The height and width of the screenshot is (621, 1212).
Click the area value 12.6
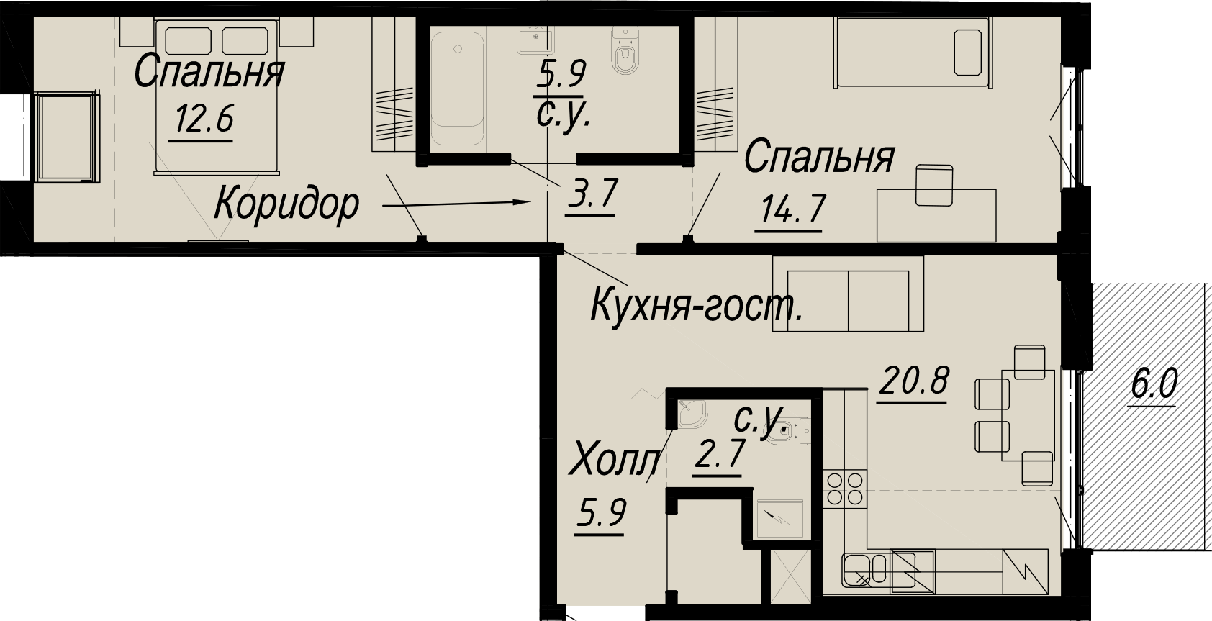tap(204, 119)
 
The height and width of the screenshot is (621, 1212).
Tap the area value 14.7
tap(792, 209)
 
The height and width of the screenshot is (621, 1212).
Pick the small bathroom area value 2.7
tap(718, 454)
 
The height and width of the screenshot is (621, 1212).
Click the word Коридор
tap(286, 204)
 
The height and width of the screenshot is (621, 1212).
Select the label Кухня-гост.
tap(697, 306)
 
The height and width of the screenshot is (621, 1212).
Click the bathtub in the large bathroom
tap(457, 89)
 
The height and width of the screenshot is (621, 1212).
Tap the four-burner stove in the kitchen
tap(845, 489)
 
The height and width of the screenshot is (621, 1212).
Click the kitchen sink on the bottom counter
tap(864, 570)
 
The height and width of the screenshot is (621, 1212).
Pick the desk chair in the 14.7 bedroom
tap(934, 186)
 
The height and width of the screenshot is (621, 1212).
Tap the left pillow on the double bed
tap(188, 41)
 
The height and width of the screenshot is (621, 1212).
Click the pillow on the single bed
tap(967, 53)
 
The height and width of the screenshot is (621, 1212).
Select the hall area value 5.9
tap(600, 513)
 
